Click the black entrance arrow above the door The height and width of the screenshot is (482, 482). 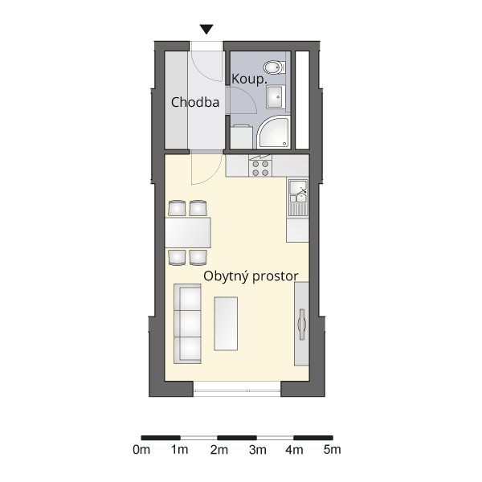[x=206, y=29]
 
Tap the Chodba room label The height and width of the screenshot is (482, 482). [x=195, y=102]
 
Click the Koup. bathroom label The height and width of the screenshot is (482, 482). [x=249, y=80]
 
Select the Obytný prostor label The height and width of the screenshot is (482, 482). [x=251, y=276]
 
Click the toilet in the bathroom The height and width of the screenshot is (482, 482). [x=275, y=67]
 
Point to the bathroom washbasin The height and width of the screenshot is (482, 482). [x=276, y=97]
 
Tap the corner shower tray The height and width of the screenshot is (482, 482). [x=273, y=133]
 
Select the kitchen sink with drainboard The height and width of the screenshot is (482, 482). [x=298, y=198]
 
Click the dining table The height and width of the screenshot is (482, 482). [x=187, y=233]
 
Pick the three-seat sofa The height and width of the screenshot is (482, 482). [x=187, y=324]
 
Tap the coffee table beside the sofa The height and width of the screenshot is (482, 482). [x=226, y=324]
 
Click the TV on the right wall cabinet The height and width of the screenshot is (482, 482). [x=301, y=325]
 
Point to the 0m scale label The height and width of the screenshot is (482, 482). [x=141, y=450]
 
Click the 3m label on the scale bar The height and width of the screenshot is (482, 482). [x=258, y=450]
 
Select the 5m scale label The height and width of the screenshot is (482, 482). [x=333, y=450]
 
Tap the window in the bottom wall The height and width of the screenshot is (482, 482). [x=237, y=389]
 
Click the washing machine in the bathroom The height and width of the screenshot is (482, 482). [x=241, y=137]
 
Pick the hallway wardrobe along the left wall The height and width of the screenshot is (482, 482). [x=177, y=100]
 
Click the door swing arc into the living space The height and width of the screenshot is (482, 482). [x=212, y=178]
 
